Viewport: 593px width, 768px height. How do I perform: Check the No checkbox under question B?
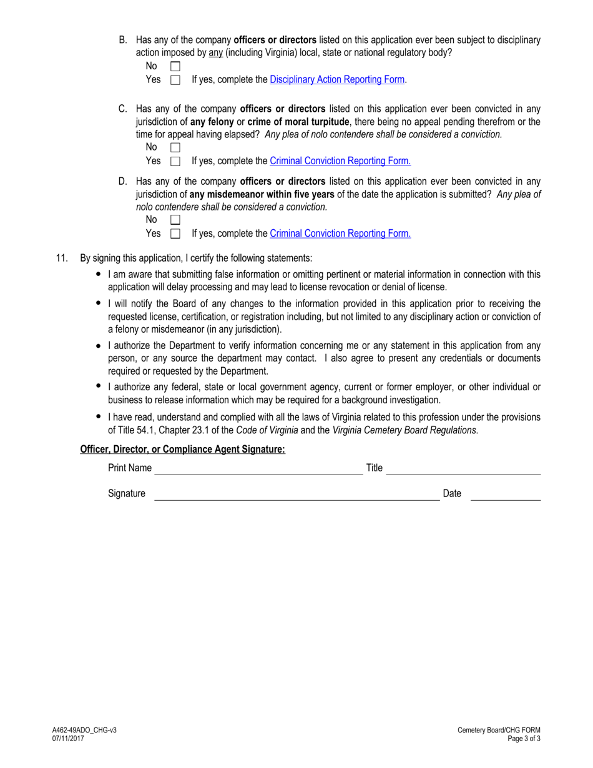(175, 66)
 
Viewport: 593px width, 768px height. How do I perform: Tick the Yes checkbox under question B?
(175, 80)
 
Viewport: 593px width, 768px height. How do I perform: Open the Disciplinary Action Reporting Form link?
(336, 80)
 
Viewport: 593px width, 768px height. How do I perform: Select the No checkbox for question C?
(175, 147)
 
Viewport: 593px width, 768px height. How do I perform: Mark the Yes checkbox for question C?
(175, 161)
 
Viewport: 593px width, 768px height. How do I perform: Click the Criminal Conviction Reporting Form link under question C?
(340, 161)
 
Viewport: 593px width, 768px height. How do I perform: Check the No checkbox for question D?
(175, 220)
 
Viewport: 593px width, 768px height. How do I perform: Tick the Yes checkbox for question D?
(175, 234)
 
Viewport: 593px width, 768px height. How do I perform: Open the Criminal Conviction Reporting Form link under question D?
(340, 234)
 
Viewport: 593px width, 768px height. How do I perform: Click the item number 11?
(61, 258)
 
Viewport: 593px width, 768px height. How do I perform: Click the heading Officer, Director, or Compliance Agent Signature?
(182, 450)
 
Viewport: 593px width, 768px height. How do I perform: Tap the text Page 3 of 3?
(524, 738)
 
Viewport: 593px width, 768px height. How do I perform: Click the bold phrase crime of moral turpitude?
(298, 122)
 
